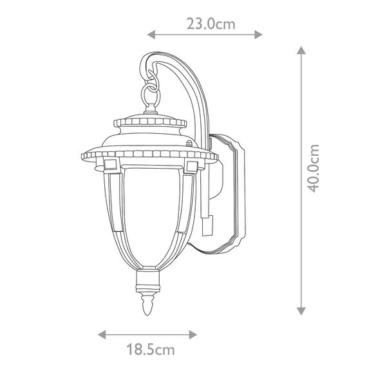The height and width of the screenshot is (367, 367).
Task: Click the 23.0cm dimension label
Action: click(211, 24)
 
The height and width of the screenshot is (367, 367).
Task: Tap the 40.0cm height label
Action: click(313, 169)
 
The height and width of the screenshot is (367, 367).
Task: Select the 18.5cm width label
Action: click(151, 350)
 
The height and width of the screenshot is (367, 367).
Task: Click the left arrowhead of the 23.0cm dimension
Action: click(151, 35)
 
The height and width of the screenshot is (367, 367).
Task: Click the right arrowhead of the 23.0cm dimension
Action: click(258, 35)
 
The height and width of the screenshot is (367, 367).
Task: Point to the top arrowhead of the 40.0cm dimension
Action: click(301, 50)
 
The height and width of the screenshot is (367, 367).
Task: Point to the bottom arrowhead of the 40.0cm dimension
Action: click(301, 311)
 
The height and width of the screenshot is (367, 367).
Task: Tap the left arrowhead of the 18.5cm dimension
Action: click(102, 334)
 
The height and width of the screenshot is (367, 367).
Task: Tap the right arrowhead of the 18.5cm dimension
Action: click(193, 334)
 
